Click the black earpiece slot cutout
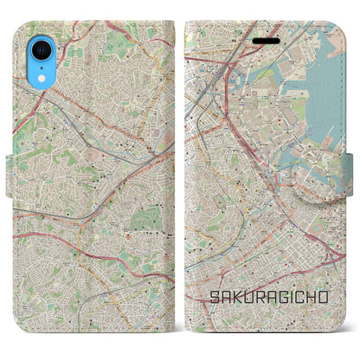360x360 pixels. pyautogui.click(x=261, y=40)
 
